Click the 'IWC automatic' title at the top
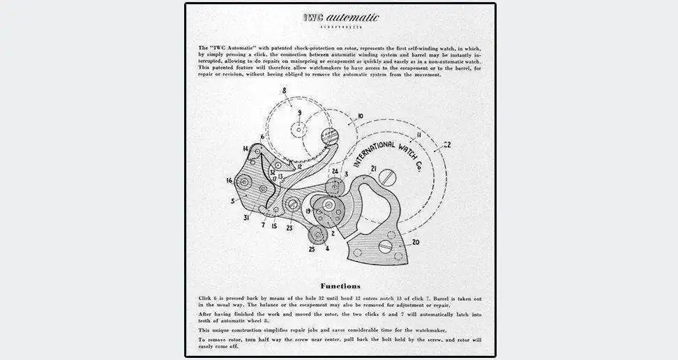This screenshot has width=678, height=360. point(340,17)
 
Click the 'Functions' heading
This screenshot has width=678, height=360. point(340,285)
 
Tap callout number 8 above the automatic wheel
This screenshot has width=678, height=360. point(284,91)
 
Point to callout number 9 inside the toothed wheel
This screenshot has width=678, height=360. point(299,112)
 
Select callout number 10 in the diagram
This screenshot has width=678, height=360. point(360,116)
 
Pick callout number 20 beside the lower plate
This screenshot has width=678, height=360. point(416,243)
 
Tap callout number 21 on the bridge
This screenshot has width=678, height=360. point(374,169)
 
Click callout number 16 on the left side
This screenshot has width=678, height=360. point(229,180)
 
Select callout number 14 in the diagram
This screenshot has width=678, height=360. point(246,149)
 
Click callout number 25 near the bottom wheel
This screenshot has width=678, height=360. point(311,249)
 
